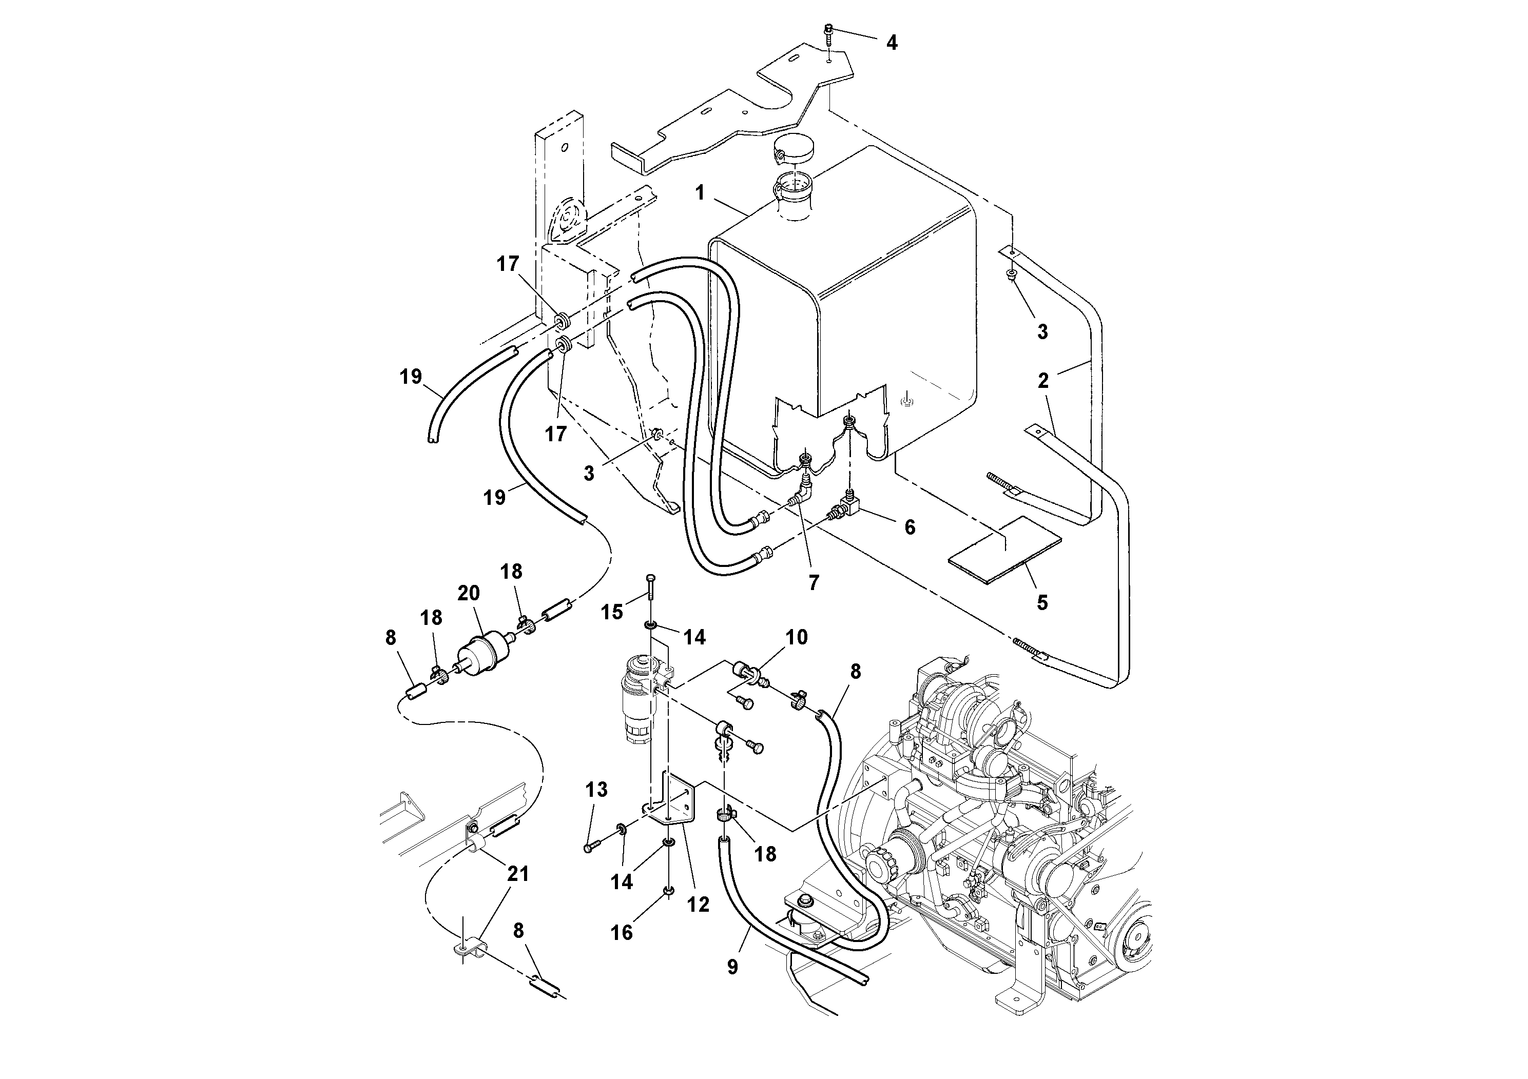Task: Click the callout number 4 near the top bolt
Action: pyautogui.click(x=892, y=43)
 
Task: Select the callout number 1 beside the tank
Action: pyautogui.click(x=700, y=193)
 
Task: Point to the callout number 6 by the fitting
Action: pyautogui.click(x=910, y=527)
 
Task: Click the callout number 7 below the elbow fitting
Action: pyautogui.click(x=813, y=583)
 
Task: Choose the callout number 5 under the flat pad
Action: pyautogui.click(x=1042, y=603)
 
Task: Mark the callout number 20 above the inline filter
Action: pyautogui.click(x=469, y=593)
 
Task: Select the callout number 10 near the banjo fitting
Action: pyautogui.click(x=796, y=637)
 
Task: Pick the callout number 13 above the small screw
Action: pyautogui.click(x=596, y=790)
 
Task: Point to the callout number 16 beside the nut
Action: pyautogui.click(x=622, y=933)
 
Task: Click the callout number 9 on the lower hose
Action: pyautogui.click(x=732, y=967)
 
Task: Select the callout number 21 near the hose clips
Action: pyautogui.click(x=518, y=873)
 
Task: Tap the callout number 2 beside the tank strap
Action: pyautogui.click(x=1043, y=381)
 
